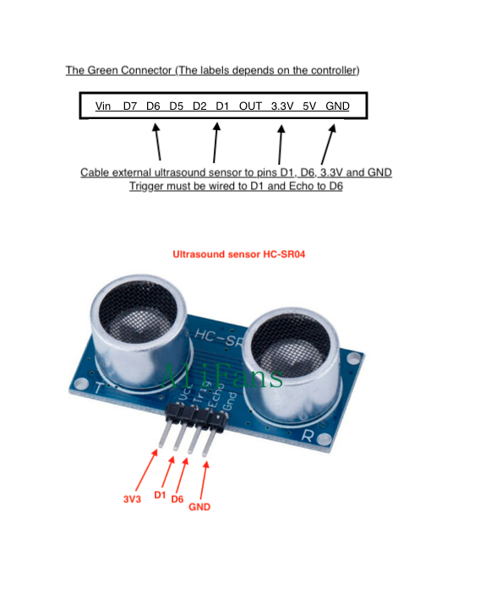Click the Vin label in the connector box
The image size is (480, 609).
(x=103, y=106)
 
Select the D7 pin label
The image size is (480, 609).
(x=130, y=106)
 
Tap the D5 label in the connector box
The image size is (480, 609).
(x=176, y=106)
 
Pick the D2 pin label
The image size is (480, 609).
(x=199, y=106)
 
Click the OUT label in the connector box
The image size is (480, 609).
(x=250, y=106)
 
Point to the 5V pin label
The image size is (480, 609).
(x=309, y=106)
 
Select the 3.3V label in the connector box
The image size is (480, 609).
(x=282, y=106)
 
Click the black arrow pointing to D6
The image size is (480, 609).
(x=157, y=142)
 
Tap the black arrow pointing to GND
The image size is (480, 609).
(x=329, y=144)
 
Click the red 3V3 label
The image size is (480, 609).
(x=132, y=499)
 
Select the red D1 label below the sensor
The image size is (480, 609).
(x=160, y=495)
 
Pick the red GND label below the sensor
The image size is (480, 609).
(x=199, y=507)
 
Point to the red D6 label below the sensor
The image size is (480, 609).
(x=177, y=499)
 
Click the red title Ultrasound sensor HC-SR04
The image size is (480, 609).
(x=238, y=254)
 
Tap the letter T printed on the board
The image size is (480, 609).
(x=99, y=388)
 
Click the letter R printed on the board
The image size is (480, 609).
(x=307, y=435)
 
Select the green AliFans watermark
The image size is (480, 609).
(x=222, y=376)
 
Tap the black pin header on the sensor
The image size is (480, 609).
(x=197, y=417)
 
